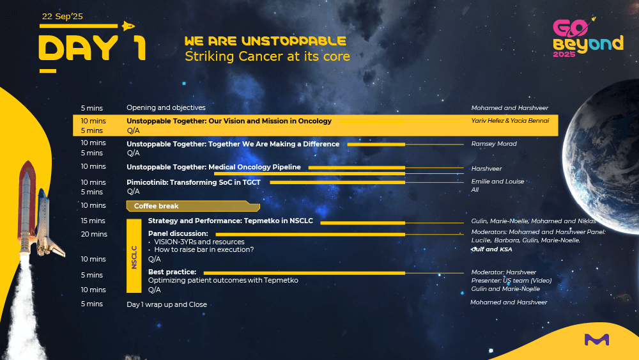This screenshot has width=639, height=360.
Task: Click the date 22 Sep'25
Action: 63,17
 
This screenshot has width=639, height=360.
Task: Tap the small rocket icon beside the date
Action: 128,26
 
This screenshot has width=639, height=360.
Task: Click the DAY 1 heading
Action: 92,48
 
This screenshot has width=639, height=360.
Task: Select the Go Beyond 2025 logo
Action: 588,38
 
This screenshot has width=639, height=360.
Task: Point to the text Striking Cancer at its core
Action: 267,56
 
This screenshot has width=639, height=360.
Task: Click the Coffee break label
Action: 156,207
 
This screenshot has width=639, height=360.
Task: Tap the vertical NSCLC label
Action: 134,257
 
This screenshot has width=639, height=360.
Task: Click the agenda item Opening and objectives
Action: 166,107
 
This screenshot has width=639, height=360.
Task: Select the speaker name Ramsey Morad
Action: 494,144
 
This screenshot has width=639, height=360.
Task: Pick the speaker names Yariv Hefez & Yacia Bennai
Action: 510,121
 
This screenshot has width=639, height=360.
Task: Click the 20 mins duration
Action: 94,234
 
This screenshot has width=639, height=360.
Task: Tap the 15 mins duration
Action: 93,221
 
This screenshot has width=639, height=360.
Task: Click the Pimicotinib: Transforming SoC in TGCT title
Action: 194,182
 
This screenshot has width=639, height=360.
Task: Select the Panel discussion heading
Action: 178,233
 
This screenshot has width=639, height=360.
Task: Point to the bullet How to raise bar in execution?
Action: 204,249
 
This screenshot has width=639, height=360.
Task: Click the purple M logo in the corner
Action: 597,339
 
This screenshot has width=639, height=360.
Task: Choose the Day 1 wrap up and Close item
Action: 167,304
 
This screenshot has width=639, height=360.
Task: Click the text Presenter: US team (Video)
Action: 511,281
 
